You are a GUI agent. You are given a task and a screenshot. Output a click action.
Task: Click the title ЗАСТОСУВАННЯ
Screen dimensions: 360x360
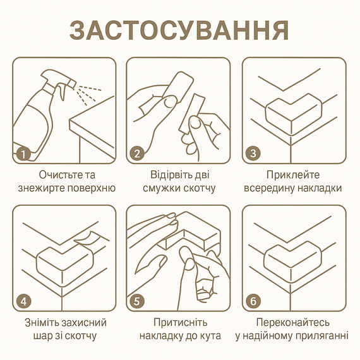[x=179, y=30]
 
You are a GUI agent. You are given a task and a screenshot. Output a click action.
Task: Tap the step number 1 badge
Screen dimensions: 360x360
[x=23, y=153]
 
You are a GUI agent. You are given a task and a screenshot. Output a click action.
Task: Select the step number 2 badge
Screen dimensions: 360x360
[x=137, y=153]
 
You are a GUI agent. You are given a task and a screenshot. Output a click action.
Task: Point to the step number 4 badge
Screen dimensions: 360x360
[x=23, y=301]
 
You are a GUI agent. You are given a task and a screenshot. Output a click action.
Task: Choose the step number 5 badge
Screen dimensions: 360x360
[x=137, y=301]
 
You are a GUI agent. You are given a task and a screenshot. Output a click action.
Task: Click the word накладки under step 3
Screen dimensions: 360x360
[x=320, y=188]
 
